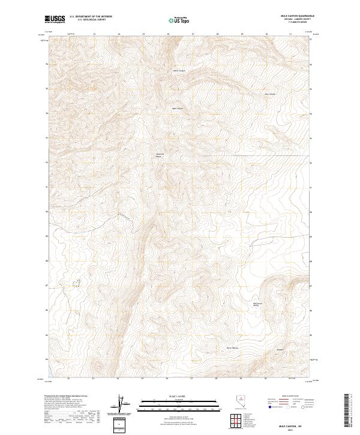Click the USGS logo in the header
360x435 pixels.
[55, 19]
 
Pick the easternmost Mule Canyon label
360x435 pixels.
[270, 94]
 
